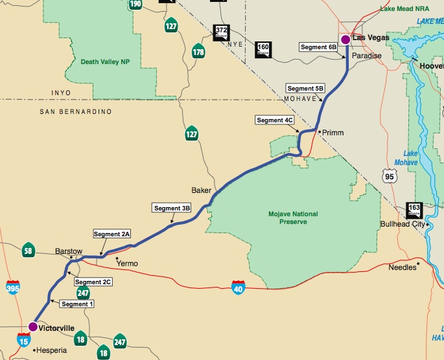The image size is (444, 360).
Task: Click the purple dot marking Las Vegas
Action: [x=345, y=39]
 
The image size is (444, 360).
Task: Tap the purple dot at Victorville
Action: [x=33, y=327]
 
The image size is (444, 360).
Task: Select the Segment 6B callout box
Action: [x=318, y=47]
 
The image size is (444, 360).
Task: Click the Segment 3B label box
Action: [x=172, y=208]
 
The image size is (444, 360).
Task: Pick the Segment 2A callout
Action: [x=112, y=234]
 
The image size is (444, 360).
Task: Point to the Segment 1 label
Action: [x=77, y=304]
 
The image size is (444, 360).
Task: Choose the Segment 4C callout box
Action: [x=275, y=120]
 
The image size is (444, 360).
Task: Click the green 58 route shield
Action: [x=28, y=251]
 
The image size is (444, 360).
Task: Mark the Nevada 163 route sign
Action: [x=414, y=209]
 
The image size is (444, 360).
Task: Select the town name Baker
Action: [x=201, y=190]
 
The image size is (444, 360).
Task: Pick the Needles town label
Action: [x=402, y=267]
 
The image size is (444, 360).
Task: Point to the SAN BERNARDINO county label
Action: [x=76, y=112]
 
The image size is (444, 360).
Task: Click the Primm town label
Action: [x=333, y=133]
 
